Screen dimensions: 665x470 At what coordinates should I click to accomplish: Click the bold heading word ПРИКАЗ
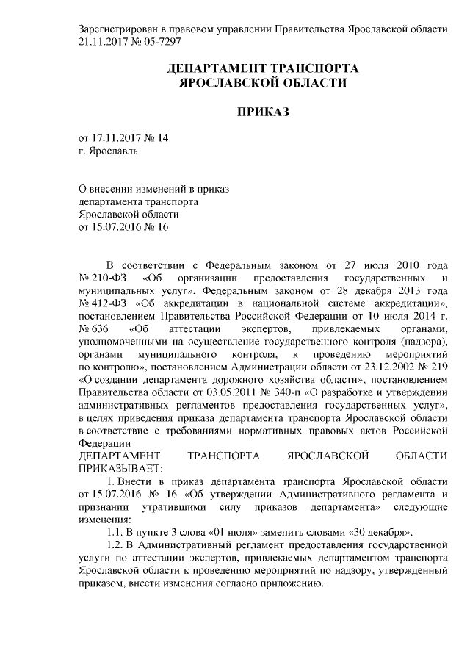(x=263, y=112)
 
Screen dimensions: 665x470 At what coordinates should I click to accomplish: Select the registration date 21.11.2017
(x=104, y=42)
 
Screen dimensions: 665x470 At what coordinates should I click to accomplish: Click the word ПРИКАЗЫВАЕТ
(x=117, y=467)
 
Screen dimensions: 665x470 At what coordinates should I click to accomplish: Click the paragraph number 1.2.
(x=116, y=544)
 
